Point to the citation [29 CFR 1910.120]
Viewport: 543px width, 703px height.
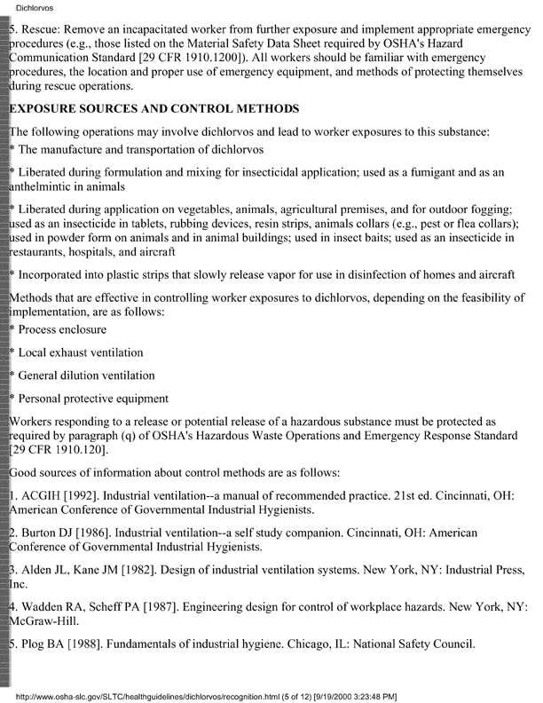coord(56,450)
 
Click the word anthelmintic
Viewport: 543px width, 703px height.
coord(49,187)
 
